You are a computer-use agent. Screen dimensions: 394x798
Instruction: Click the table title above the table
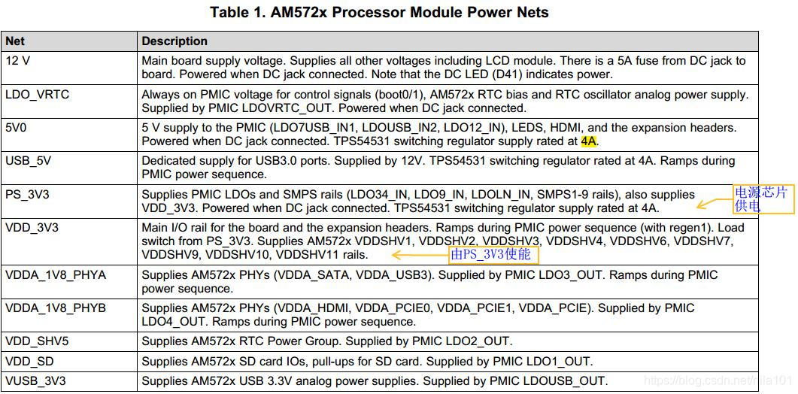tap(379, 12)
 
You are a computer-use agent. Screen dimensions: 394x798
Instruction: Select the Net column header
tap(15, 41)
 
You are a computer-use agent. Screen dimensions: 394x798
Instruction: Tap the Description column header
tap(174, 41)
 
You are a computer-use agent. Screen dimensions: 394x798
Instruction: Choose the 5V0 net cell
tap(16, 128)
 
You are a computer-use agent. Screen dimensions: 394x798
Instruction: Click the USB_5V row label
tap(28, 161)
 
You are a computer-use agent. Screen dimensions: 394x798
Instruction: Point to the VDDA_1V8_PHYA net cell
tap(56, 275)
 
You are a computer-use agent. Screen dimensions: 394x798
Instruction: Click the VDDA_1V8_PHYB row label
tap(56, 308)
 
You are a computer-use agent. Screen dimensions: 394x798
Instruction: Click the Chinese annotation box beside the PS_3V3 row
tap(762, 199)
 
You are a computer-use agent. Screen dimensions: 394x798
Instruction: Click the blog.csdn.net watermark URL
tap(719, 381)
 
